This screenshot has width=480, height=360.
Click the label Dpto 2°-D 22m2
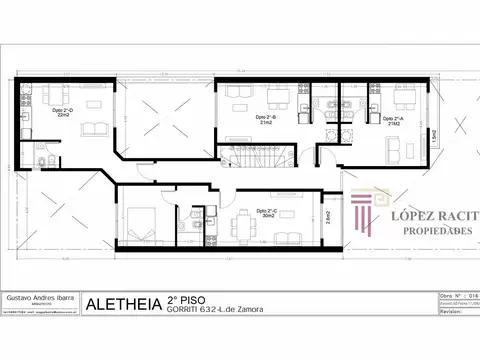click(61, 114)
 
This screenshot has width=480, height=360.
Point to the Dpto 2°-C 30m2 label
click(266, 213)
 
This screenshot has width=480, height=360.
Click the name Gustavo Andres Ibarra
click(42, 298)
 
